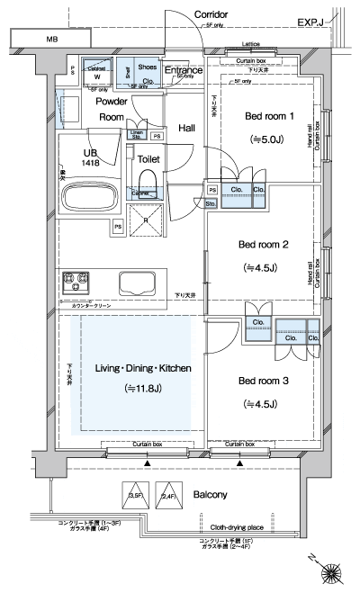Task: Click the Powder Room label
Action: (112, 110)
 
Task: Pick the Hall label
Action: (186, 129)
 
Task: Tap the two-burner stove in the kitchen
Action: (76, 283)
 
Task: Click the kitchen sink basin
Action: (138, 283)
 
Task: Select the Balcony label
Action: (209, 495)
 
